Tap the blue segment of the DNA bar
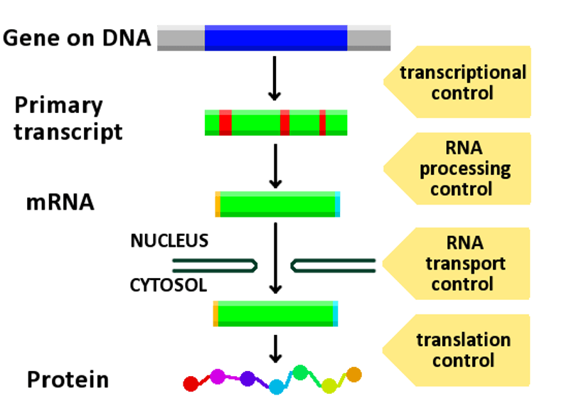(x=275, y=38)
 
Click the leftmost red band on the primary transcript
(x=225, y=123)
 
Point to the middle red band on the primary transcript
(x=284, y=123)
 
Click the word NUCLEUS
(x=169, y=241)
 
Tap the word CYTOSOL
(x=169, y=286)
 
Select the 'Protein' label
(x=68, y=380)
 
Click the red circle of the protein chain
(x=191, y=384)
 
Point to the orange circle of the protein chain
(x=353, y=374)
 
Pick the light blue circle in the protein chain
(x=276, y=386)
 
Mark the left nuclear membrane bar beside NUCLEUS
(x=213, y=265)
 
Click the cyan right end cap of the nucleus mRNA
(x=338, y=204)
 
